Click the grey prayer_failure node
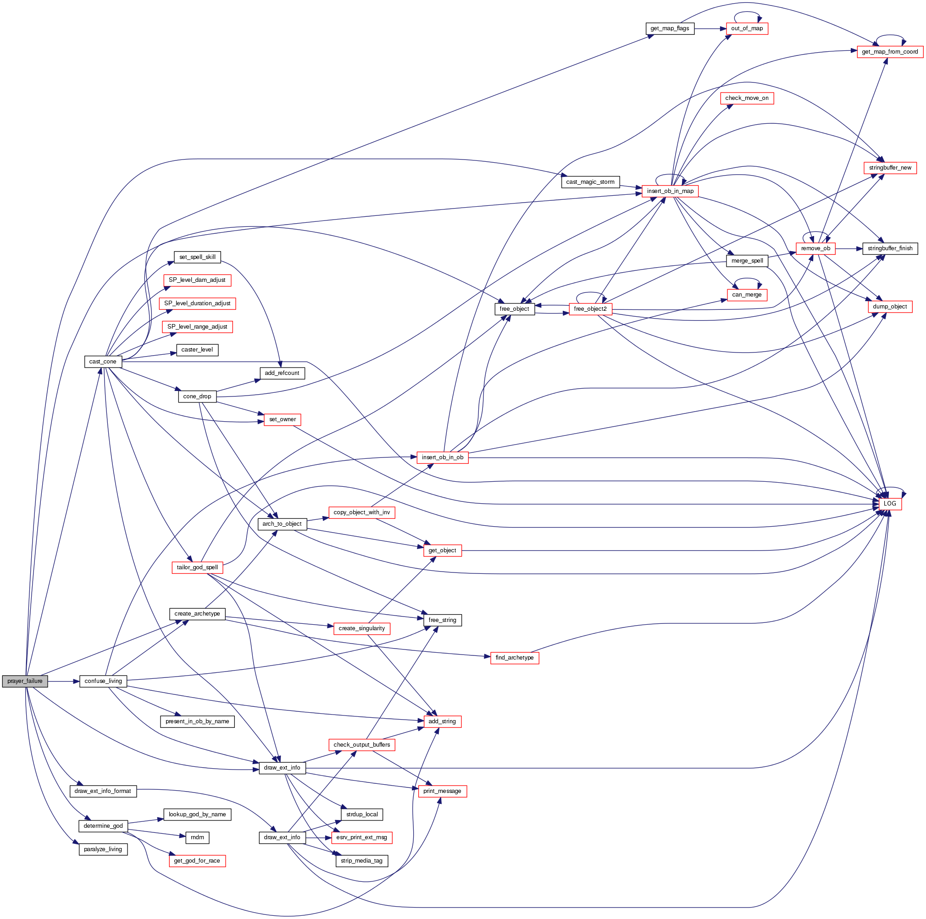pyautogui.click(x=25, y=681)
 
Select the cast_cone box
pyautogui.click(x=103, y=362)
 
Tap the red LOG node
pyautogui.click(x=890, y=503)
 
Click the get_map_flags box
pyautogui.click(x=670, y=28)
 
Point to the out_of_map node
pyautogui.click(x=747, y=28)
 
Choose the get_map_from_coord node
pyautogui.click(x=890, y=52)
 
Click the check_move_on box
pyautogui.click(x=747, y=98)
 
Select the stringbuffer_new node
pyautogui.click(x=890, y=168)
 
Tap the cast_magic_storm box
pyautogui.click(x=590, y=182)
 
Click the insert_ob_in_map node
pyautogui.click(x=670, y=191)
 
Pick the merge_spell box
pyautogui.click(x=747, y=260)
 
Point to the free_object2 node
pyautogui.click(x=590, y=309)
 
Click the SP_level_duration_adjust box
pyautogui.click(x=197, y=303)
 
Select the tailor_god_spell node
pyautogui.click(x=197, y=567)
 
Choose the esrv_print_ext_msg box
pyautogui.click(x=361, y=837)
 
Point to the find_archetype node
pyautogui.click(x=514, y=658)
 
